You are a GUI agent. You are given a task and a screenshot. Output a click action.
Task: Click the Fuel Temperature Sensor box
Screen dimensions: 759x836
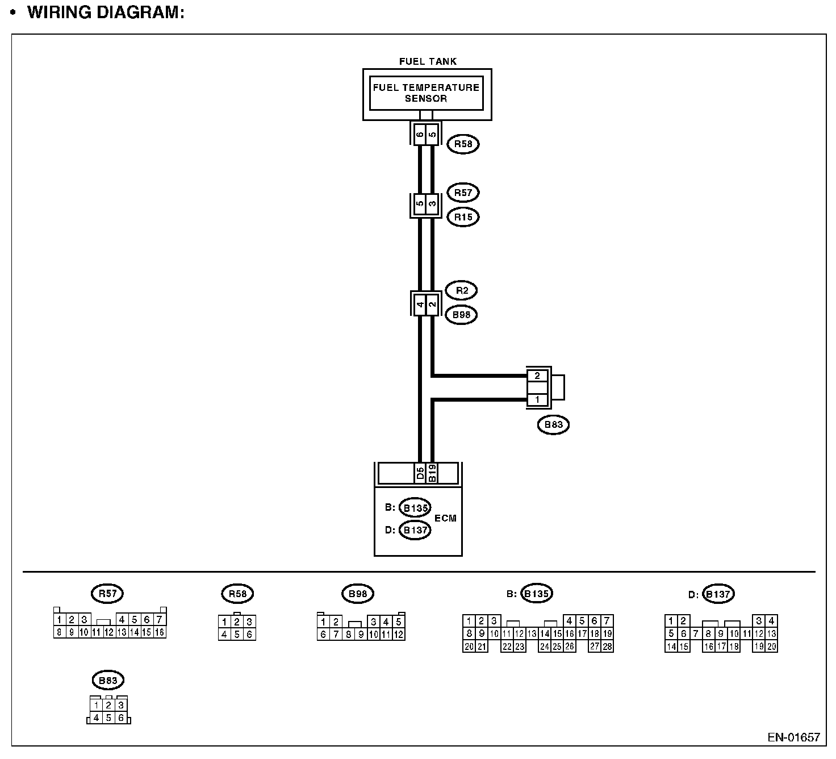[426, 93]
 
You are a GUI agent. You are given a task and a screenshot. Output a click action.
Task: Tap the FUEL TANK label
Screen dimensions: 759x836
[428, 61]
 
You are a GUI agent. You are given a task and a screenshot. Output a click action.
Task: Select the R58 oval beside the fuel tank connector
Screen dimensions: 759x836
[463, 144]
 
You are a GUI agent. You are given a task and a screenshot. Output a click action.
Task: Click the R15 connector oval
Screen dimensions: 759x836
[463, 217]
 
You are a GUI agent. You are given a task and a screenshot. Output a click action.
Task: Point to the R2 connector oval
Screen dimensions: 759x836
[462, 290]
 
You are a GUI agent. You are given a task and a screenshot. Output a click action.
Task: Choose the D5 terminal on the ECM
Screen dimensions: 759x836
[420, 473]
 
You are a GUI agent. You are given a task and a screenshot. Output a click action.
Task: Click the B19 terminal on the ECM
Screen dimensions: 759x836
[432, 473]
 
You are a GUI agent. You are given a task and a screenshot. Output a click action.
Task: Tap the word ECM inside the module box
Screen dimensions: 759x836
[445, 518]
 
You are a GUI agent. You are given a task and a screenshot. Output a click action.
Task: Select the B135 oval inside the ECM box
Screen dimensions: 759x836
[415, 507]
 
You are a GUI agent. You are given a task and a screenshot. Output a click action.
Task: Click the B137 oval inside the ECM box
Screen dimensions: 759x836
[415, 530]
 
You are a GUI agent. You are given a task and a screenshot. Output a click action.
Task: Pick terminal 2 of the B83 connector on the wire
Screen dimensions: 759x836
[537, 376]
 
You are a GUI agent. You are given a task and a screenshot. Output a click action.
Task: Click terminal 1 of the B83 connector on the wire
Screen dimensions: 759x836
[537, 400]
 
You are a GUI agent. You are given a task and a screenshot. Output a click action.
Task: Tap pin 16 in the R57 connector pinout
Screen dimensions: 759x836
[160, 632]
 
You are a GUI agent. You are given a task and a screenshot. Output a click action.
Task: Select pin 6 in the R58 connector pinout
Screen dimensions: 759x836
[249, 635]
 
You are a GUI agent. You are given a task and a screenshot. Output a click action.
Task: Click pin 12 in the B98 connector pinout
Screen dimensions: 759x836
[399, 635]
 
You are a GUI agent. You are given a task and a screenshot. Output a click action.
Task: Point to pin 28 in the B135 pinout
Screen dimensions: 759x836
[607, 646]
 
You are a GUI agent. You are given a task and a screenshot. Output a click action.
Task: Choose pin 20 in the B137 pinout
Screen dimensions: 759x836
[771, 646]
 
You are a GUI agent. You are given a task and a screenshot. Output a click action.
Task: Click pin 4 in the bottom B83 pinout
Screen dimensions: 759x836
[97, 718]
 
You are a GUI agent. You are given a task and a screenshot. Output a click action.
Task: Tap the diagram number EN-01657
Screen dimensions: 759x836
[793, 737]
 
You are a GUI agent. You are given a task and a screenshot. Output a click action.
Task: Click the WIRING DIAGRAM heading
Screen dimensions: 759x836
[106, 12]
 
